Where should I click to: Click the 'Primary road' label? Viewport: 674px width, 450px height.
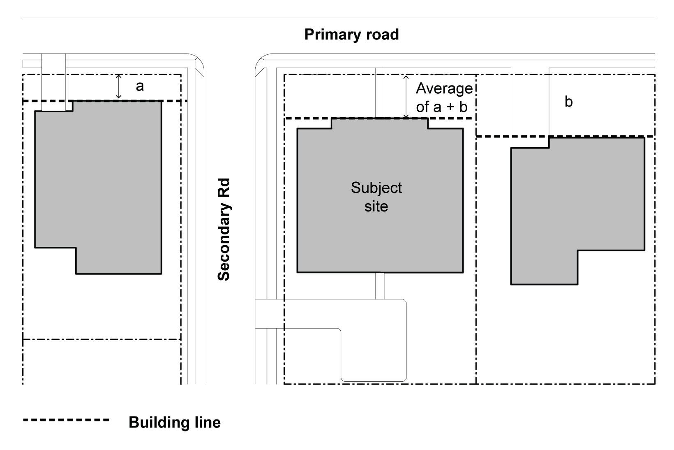(x=351, y=34)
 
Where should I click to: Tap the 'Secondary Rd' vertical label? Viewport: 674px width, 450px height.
(x=224, y=229)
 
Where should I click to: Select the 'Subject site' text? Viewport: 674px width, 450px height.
(x=376, y=197)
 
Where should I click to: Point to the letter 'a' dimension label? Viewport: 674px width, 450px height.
(x=140, y=86)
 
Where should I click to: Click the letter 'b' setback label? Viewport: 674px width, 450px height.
(x=568, y=102)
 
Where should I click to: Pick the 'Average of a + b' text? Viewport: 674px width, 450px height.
(x=444, y=97)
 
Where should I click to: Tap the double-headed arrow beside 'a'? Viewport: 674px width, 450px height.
(x=119, y=87)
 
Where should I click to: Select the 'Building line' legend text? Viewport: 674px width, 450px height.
(x=175, y=422)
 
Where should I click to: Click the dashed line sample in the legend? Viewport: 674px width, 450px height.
(x=66, y=420)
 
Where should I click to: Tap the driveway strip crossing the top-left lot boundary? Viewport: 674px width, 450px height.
(x=53, y=82)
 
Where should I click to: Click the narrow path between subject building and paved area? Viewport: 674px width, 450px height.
(x=380, y=286)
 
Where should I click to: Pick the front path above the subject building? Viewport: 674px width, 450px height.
(x=380, y=93)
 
